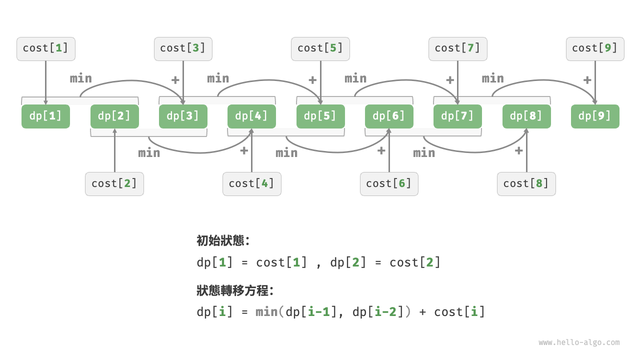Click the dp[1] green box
(x=45, y=116)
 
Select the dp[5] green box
(x=320, y=116)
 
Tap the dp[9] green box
(x=595, y=116)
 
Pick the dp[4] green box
(x=251, y=116)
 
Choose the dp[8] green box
(x=526, y=116)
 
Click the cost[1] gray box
(x=45, y=48)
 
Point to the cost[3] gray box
(x=183, y=48)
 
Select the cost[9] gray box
(x=595, y=48)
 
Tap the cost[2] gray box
(x=114, y=183)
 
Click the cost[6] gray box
(x=389, y=183)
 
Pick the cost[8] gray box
(x=526, y=183)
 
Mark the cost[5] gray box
(x=320, y=48)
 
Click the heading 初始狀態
(x=223, y=240)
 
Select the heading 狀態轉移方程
(x=235, y=290)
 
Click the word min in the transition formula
(x=266, y=312)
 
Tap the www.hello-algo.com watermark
(x=579, y=342)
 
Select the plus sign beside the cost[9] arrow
(x=587, y=79)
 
